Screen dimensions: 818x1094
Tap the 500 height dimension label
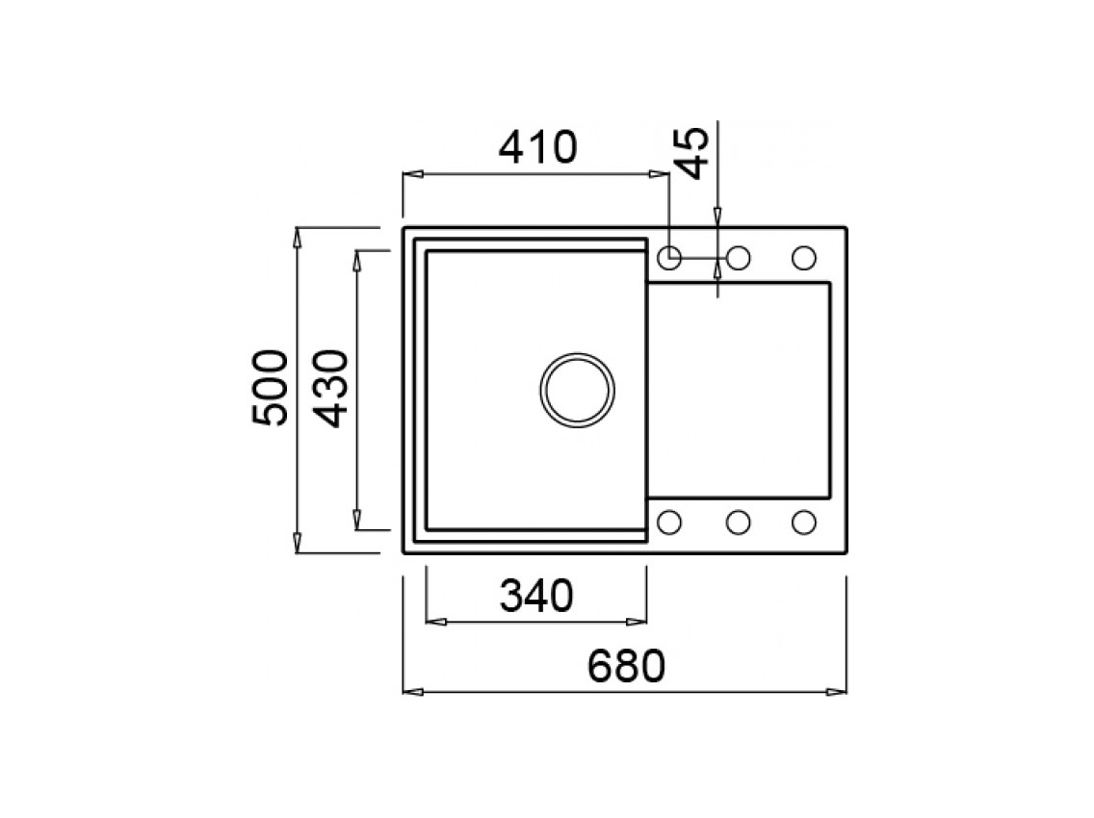(x=268, y=388)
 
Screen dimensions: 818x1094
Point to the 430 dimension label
(x=329, y=388)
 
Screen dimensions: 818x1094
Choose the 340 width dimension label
(x=535, y=597)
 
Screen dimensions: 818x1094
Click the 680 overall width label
(x=624, y=666)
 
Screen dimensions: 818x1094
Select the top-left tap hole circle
(x=669, y=258)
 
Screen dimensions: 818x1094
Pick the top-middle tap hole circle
(x=739, y=258)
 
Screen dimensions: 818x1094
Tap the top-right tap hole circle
(x=803, y=258)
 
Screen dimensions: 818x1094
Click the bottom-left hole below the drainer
(x=669, y=522)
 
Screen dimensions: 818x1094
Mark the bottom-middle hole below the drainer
(x=739, y=522)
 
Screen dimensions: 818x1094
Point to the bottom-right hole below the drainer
(x=803, y=522)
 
